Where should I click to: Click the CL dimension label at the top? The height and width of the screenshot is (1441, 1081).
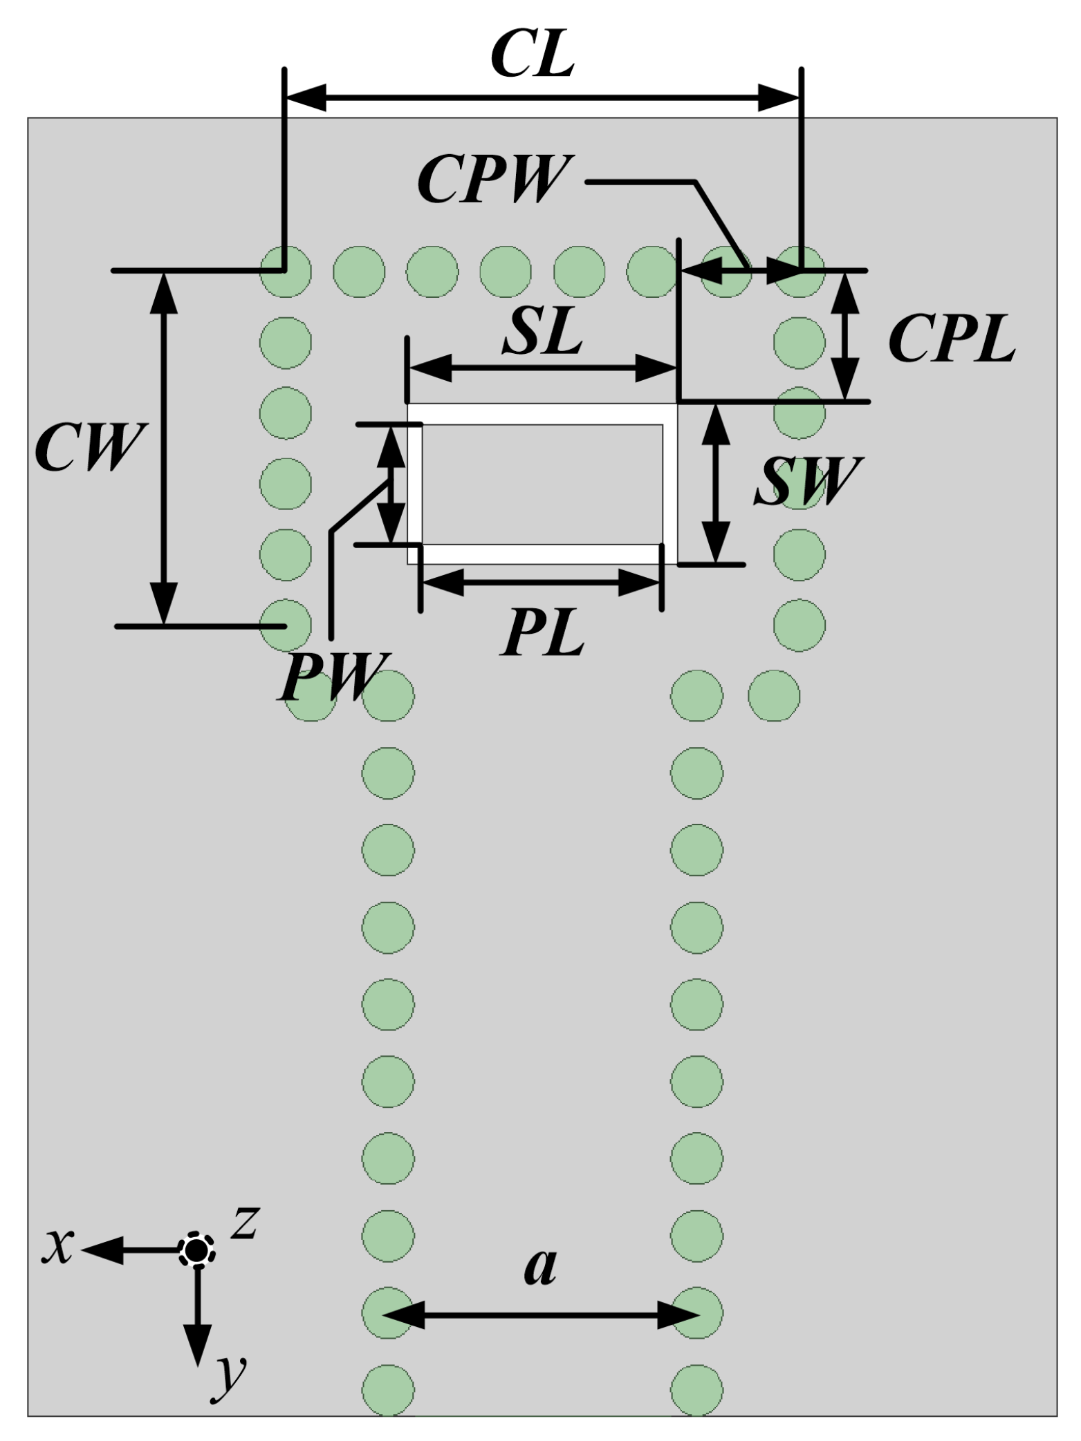[533, 55]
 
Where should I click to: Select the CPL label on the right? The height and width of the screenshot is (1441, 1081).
[952, 341]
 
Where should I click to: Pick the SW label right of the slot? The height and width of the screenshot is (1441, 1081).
[806, 481]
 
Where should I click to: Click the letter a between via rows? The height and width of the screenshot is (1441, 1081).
[540, 1266]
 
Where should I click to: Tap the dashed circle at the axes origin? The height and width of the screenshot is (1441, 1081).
[197, 1249]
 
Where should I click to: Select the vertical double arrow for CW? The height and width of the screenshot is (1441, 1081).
[164, 448]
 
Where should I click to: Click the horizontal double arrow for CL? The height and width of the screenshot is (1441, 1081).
[543, 97]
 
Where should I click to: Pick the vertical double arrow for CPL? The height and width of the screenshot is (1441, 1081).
[845, 335]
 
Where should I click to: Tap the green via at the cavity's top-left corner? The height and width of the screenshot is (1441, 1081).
[285, 271]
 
